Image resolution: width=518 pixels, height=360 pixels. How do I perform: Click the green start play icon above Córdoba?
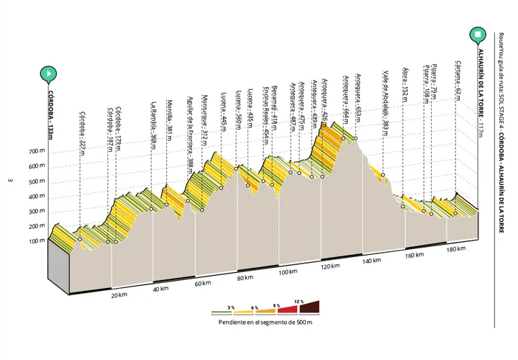coord(47,73)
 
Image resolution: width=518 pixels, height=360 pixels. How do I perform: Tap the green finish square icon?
coord(477,34)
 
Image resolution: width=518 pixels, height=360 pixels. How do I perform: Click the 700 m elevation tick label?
coord(37,151)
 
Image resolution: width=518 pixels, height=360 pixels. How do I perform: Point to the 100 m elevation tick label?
coord(37,240)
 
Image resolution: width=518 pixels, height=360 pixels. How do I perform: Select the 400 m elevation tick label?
coord(37,196)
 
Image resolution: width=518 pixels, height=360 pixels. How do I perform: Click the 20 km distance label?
coord(119,294)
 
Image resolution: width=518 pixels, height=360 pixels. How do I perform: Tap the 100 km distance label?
coord(288,272)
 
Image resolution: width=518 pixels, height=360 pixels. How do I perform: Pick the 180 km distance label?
coord(456,250)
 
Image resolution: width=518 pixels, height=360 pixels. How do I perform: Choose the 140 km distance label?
coord(372,261)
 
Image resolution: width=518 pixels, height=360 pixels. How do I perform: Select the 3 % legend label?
coord(231,307)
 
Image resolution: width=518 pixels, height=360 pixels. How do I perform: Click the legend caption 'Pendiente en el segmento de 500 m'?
coord(265,322)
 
